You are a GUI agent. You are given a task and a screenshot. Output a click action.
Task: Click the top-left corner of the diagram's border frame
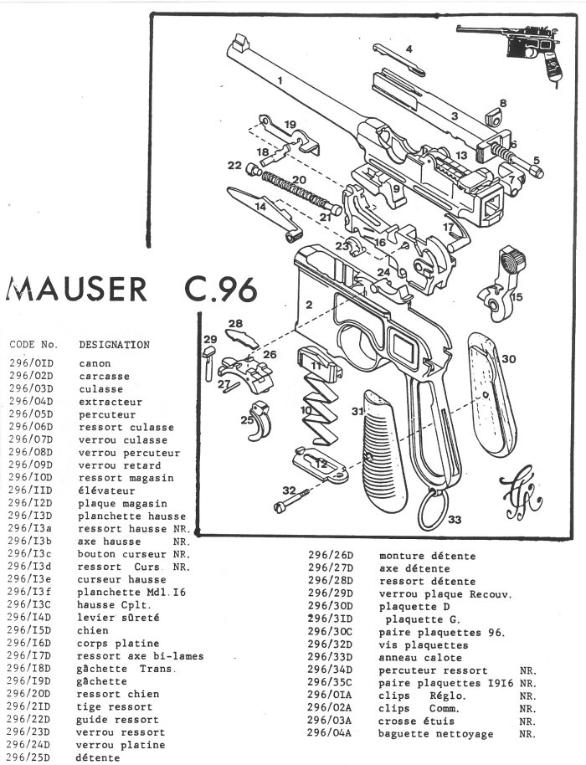[152, 14]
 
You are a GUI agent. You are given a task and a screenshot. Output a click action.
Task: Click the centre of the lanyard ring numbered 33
[434, 510]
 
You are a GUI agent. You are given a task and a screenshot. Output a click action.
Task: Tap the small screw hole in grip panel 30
[486, 393]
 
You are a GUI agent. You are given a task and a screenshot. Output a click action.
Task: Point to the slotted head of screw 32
[279, 508]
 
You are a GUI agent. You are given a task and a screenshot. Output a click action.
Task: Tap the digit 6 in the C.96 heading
[247, 290]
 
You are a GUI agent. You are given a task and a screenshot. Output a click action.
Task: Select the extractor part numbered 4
[398, 59]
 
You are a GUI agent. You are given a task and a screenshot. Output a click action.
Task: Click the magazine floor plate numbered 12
[321, 466]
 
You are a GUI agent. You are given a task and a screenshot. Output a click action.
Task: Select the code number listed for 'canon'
[31, 363]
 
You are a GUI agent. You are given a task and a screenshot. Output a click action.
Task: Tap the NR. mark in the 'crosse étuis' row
[527, 721]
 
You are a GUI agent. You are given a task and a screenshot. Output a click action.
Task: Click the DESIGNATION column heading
[114, 345]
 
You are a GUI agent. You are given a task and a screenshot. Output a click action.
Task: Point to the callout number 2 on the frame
[309, 305]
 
